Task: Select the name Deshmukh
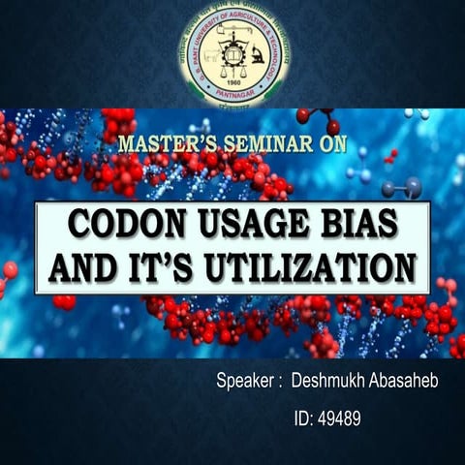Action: [x=330, y=382]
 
